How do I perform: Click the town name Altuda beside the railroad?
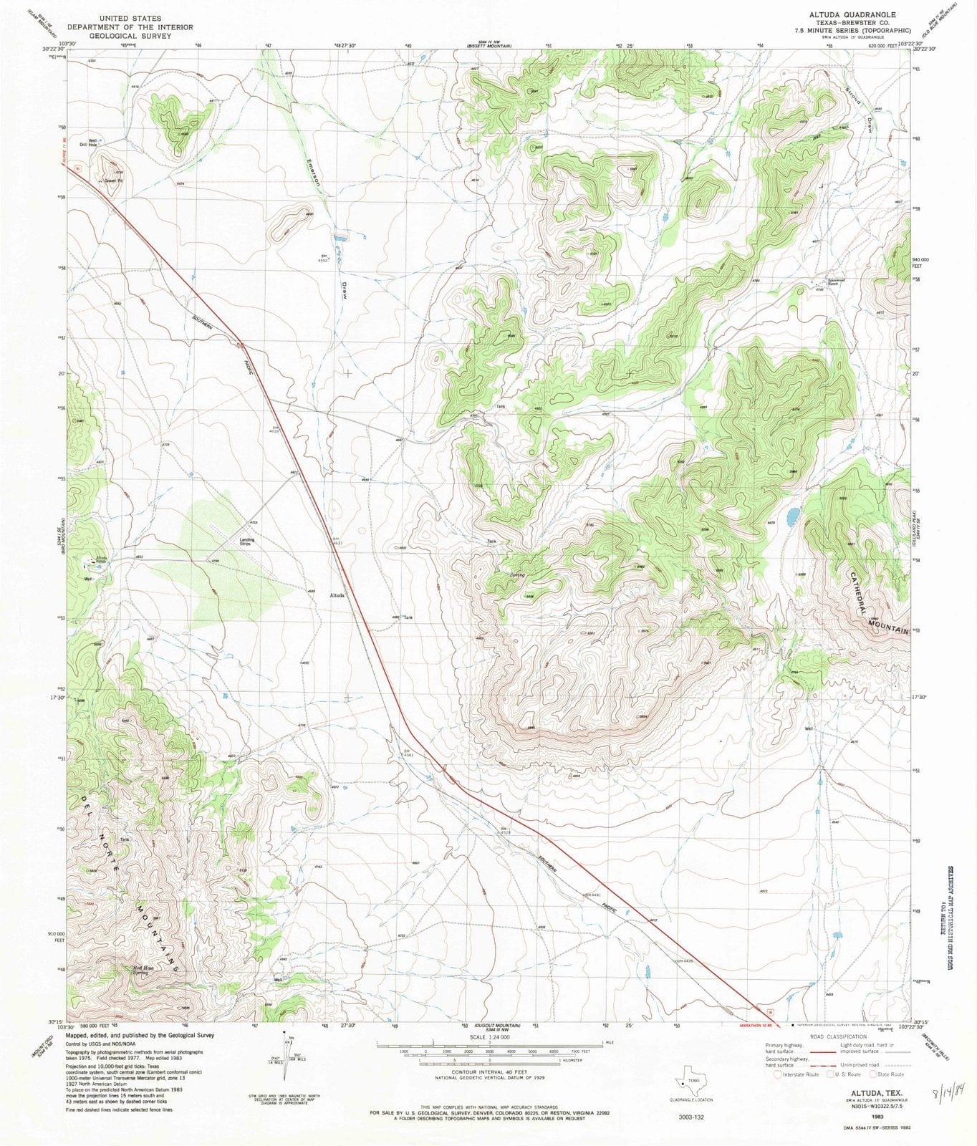click(x=337, y=595)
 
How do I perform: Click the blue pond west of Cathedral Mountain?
click(x=792, y=516)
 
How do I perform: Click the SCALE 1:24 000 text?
click(x=490, y=1037)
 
